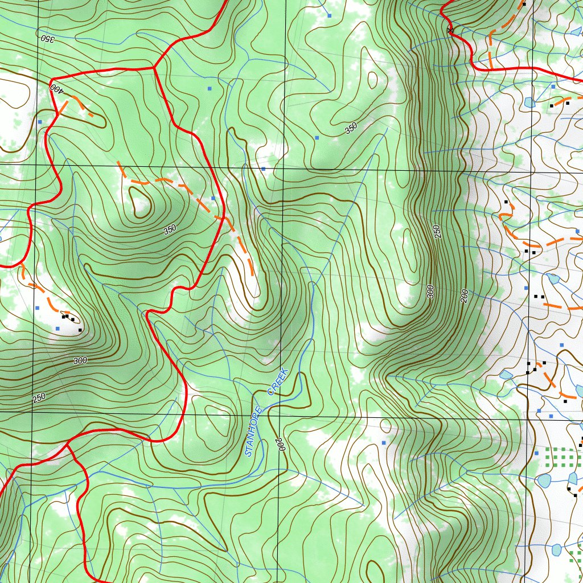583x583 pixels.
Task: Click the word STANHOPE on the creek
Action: [x=255, y=431]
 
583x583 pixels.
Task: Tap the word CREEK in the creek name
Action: [x=278, y=381]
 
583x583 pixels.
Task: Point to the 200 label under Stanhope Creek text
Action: [x=279, y=445]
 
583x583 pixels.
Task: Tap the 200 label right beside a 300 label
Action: [x=464, y=296]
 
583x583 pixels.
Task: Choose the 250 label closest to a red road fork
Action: [x=38, y=397]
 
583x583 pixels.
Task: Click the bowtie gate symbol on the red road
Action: [x=450, y=30]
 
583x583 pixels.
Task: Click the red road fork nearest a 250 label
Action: [x=68, y=441]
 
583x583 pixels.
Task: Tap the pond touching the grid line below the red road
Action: [x=529, y=102]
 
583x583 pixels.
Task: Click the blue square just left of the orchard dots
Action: [x=536, y=453]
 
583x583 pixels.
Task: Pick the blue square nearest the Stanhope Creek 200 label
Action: [x=384, y=442]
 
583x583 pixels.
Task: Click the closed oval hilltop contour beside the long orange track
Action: [x=139, y=202]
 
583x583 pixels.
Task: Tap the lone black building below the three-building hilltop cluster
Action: [x=80, y=330]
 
